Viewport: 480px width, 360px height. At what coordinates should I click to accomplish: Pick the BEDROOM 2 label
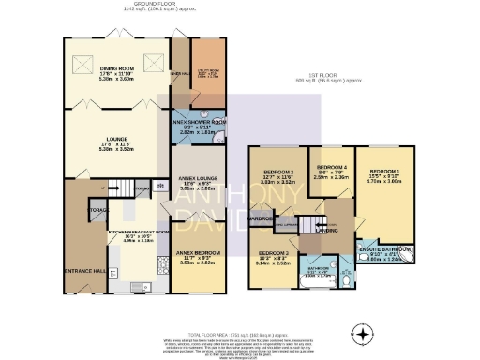tap(278, 172)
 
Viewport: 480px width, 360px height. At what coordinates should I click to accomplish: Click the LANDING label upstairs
tap(326, 231)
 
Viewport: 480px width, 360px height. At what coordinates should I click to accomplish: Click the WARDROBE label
tap(261, 222)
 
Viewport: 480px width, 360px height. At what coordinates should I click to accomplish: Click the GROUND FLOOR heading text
tap(155, 4)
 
